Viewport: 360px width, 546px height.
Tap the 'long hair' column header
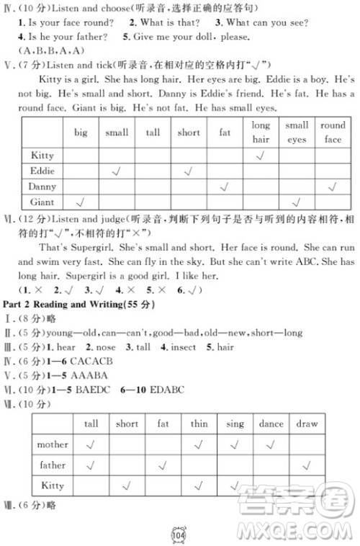261,132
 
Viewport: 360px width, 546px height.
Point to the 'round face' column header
332,132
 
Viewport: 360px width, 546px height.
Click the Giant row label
43,202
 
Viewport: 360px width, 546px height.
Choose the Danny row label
42,187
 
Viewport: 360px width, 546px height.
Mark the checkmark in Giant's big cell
81,202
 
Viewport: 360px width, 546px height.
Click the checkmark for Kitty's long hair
261,156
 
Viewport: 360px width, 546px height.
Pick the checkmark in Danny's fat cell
225,187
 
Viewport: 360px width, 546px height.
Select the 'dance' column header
271,424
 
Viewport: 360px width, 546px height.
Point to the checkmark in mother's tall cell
91,444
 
